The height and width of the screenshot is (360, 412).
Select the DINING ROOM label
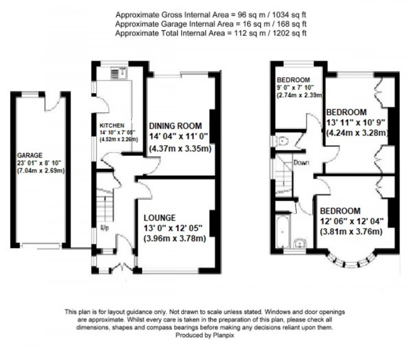coord(176,125)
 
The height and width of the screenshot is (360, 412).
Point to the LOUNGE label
coord(159,218)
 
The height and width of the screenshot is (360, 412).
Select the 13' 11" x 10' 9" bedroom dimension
coord(356,123)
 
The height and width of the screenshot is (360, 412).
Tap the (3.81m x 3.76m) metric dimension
coord(351,231)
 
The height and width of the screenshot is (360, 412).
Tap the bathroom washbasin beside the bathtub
coord(301,242)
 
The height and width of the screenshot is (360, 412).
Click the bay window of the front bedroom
coord(350,263)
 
